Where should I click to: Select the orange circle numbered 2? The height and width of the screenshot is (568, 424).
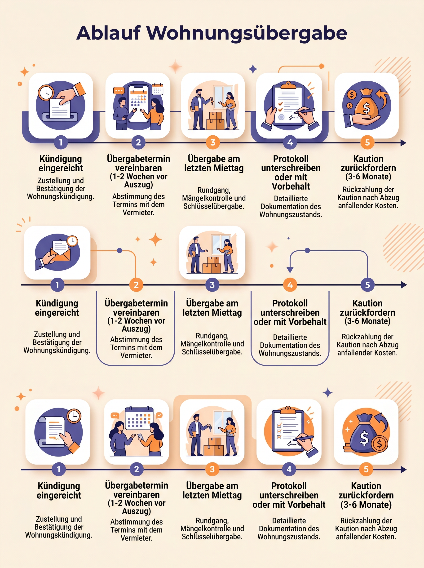pyautogui.click(x=136, y=285)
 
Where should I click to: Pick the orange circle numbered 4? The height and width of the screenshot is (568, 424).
pyautogui.click(x=290, y=285)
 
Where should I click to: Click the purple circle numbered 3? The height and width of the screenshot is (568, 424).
pyautogui.click(x=212, y=285)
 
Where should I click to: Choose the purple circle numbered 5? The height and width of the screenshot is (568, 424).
pyautogui.click(x=367, y=285)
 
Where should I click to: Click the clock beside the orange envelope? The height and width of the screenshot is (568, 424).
pyautogui.click(x=72, y=241)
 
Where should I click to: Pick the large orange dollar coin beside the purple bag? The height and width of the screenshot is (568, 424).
pyautogui.click(x=379, y=443)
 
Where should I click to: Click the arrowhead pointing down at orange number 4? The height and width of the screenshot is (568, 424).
pyautogui.click(x=290, y=270)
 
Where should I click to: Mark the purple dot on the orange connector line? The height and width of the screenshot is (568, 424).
pyautogui.click(x=119, y=250)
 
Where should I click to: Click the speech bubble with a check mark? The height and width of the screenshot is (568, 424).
pyautogui.click(x=159, y=415)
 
